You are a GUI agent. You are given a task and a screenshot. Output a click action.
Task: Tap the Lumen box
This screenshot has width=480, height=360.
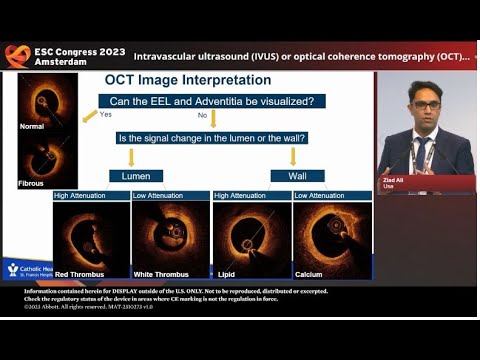[135, 176]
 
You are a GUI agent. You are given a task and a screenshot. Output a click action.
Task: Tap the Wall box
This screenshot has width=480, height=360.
[291, 176]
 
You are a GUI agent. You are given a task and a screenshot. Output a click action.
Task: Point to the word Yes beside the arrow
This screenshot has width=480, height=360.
[105, 115]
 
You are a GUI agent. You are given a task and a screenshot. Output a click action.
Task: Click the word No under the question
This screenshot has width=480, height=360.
[203, 115]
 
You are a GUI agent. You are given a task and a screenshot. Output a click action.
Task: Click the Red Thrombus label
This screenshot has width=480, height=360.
[81, 273]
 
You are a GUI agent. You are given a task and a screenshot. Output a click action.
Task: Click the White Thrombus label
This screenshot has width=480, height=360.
[167, 273]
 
